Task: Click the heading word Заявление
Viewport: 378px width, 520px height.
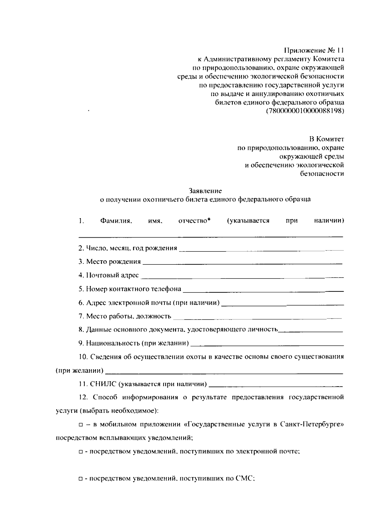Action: pyautogui.click(x=205, y=191)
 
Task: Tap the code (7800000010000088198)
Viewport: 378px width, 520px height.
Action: pyautogui.click(x=305, y=111)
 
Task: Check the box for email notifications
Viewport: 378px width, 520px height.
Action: pyautogui.click(x=81, y=452)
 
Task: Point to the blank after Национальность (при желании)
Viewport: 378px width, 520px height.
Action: pyautogui.click(x=267, y=344)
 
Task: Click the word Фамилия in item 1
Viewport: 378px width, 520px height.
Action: pyautogui.click(x=116, y=221)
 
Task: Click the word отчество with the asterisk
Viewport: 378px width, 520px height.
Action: pyautogui.click(x=194, y=221)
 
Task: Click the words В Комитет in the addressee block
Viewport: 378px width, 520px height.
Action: pyautogui.click(x=326, y=139)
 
